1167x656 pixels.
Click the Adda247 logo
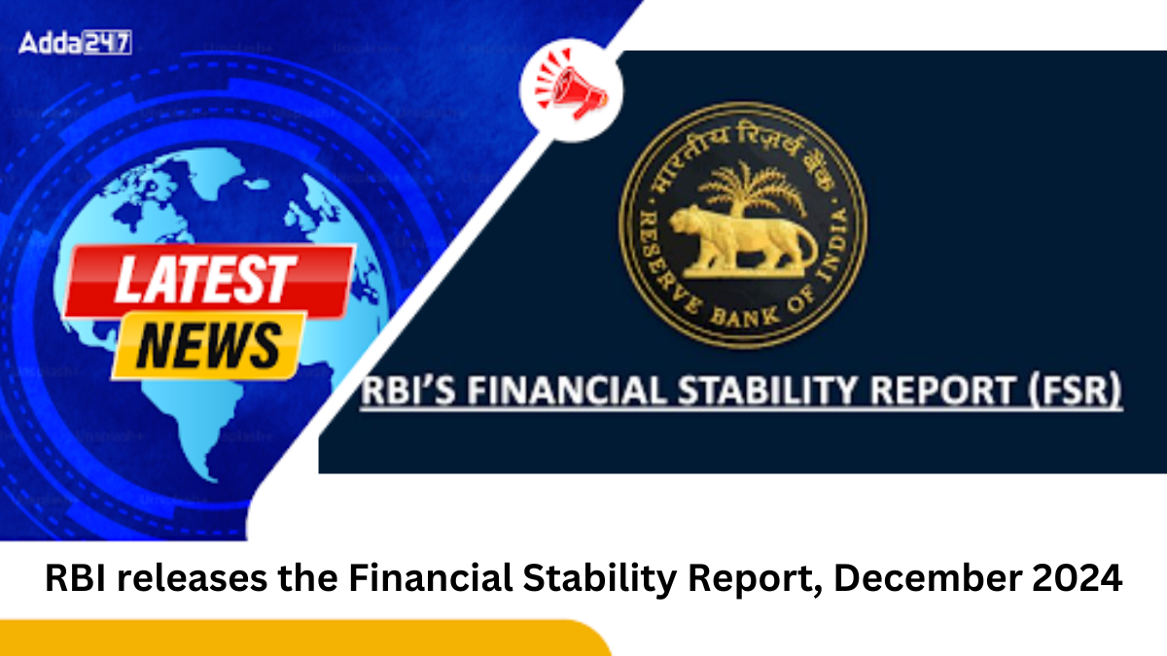click(75, 43)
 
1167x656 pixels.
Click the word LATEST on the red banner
click(207, 280)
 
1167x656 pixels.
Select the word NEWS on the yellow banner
click(207, 345)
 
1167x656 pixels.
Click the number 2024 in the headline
click(1077, 580)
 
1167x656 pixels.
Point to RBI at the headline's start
click(70, 580)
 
